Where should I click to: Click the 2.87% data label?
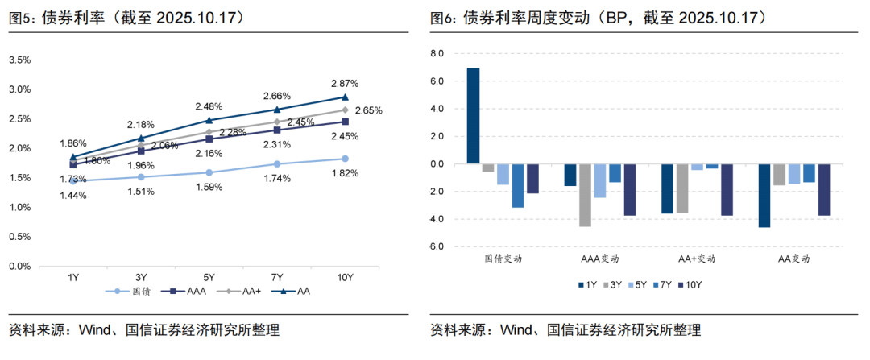[x=345, y=84]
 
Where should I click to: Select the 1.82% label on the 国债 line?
[x=345, y=173]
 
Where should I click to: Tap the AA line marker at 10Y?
[x=345, y=97]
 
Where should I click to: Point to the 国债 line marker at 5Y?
[x=209, y=172]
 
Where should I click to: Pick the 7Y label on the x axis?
[x=276, y=278]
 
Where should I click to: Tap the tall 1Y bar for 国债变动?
[x=474, y=116]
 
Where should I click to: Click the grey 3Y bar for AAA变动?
[x=585, y=195]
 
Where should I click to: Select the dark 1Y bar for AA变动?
[x=764, y=195]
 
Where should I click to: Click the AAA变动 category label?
[x=600, y=259]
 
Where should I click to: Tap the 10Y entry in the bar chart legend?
[x=690, y=284]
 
